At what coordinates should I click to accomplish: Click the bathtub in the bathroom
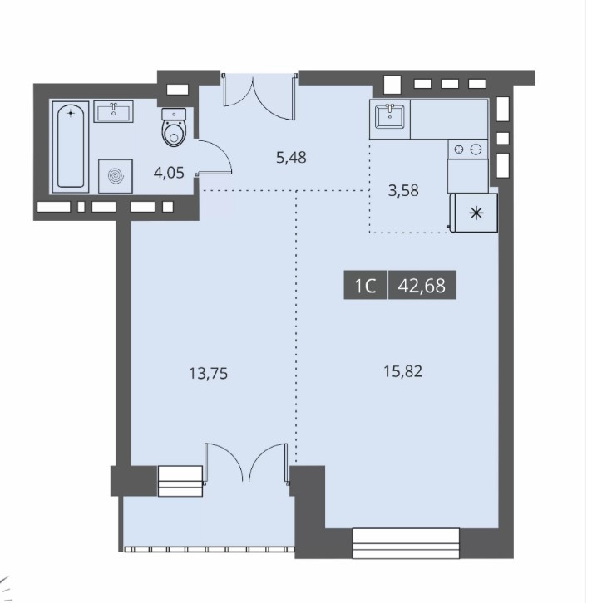coord(71,146)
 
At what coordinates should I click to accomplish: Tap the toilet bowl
coord(174,127)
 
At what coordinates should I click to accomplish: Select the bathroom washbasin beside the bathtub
coord(114,111)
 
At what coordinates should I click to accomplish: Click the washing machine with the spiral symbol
coord(116,176)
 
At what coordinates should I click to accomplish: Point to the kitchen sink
coord(390,116)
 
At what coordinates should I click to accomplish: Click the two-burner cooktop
coord(467,149)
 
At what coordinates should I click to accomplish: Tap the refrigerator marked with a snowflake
coord(474,213)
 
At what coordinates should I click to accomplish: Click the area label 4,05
coord(169,173)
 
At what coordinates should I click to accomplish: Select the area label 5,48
coord(291,157)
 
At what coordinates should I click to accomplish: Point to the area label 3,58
coord(403,190)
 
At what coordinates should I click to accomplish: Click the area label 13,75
coord(208,374)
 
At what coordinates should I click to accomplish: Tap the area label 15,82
coord(403,371)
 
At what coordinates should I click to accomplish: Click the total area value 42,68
coord(422,285)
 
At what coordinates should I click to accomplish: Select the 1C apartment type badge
coord(365,285)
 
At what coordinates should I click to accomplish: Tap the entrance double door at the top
coord(259,96)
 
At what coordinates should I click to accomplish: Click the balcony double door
coord(246,463)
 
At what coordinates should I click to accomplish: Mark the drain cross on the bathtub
coord(70,113)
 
